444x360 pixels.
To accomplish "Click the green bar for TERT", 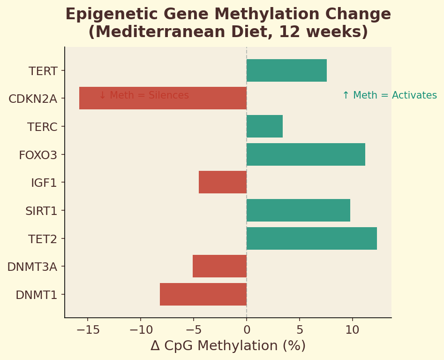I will (286, 70).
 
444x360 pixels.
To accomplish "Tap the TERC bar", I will (264, 126).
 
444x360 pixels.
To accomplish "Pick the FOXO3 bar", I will (306, 154).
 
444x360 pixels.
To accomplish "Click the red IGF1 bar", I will (223, 182).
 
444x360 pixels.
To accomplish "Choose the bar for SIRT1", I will (298, 210).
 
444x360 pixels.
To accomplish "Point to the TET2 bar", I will (312, 238).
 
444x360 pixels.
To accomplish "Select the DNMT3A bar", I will (219, 266).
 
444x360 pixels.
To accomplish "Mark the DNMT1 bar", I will (203, 294).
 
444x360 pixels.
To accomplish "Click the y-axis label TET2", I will (43, 239).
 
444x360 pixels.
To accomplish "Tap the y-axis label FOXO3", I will (38, 155).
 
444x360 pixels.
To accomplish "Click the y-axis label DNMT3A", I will (32, 267).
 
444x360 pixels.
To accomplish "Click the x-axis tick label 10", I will (352, 330).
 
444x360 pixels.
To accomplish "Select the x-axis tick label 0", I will (247, 330).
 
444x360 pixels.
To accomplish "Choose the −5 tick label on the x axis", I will (193, 330).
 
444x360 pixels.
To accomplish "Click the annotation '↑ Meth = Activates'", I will (389, 95).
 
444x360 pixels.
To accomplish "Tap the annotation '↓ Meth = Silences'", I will (143, 95).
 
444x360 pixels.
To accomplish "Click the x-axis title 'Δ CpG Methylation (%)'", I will (228, 346).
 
